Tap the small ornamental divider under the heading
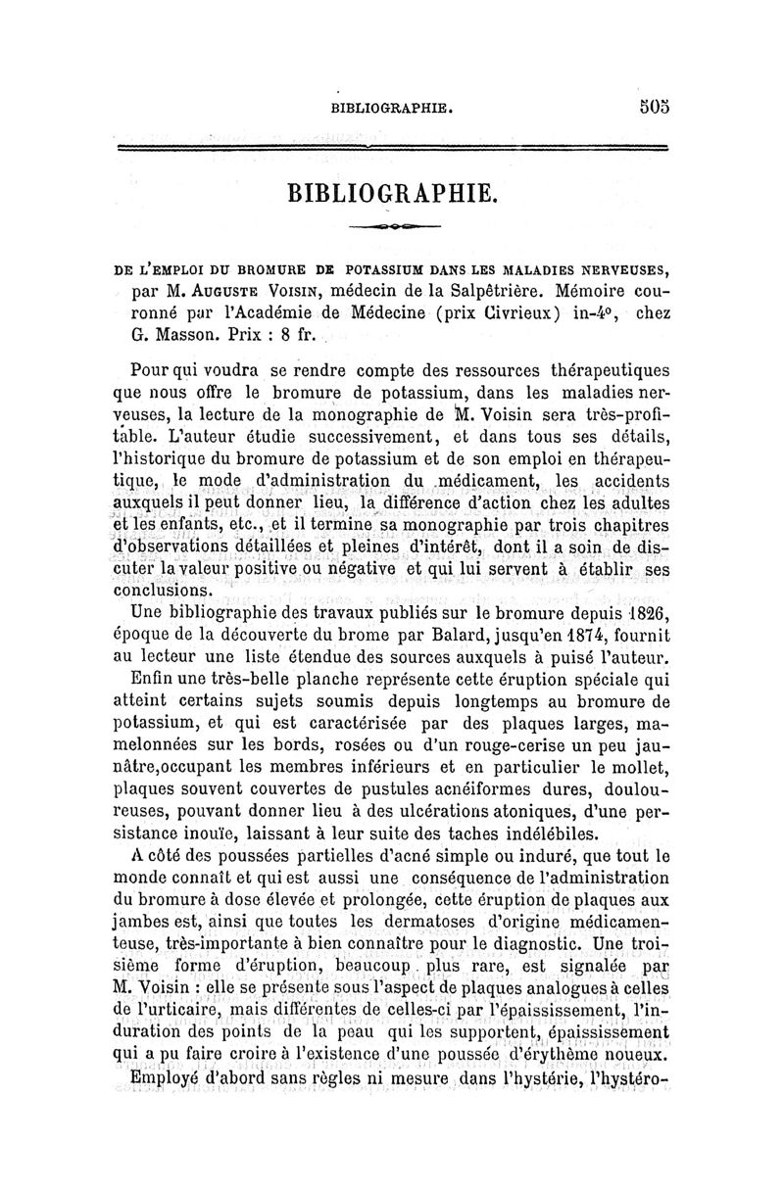392,227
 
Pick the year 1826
643,613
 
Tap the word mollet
639,765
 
